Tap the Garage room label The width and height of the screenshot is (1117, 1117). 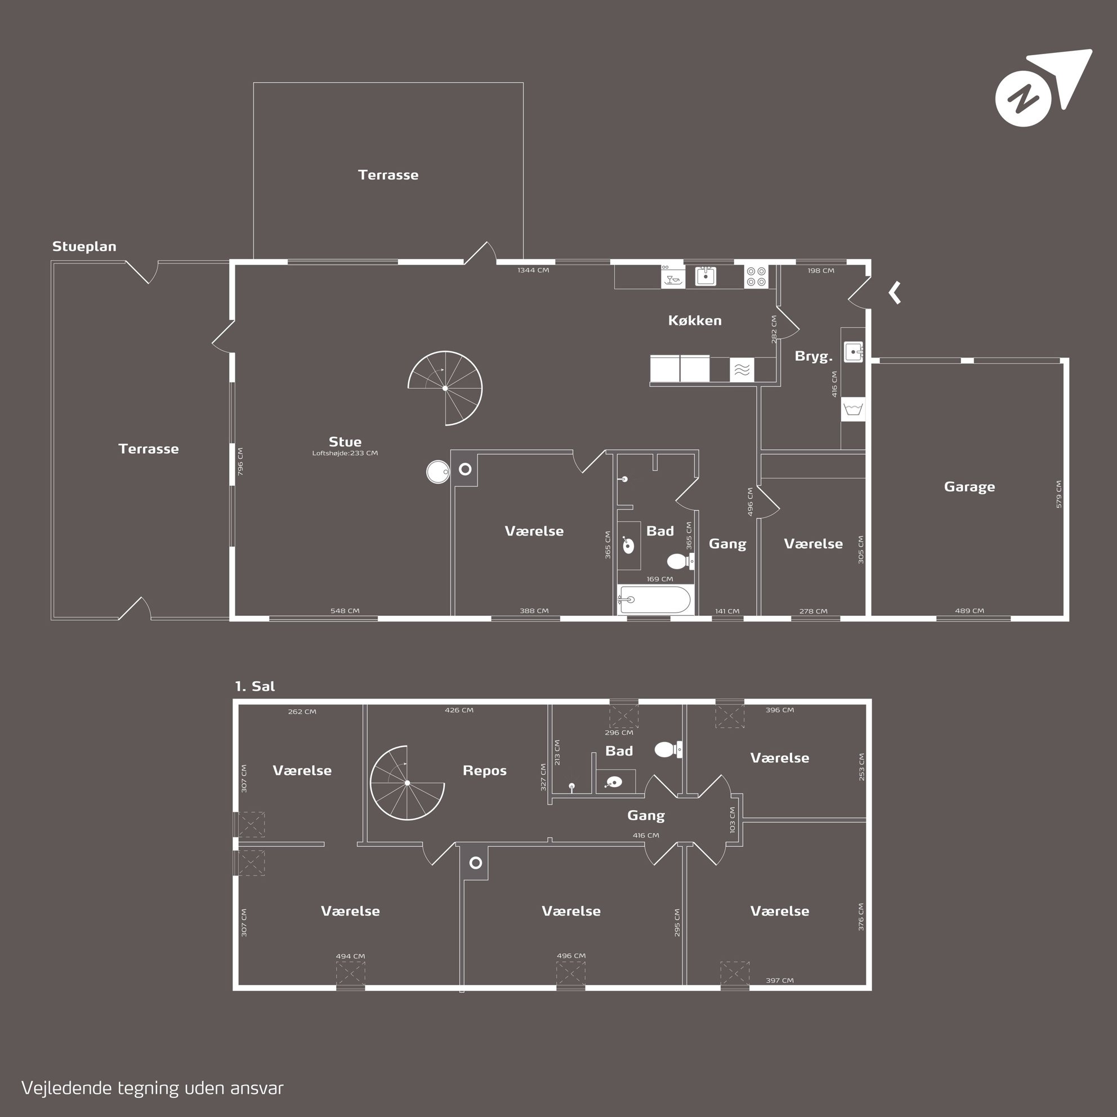click(969, 487)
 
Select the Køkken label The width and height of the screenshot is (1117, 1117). click(695, 320)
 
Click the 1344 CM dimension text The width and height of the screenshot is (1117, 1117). click(533, 270)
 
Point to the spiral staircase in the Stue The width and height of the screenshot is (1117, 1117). click(445, 388)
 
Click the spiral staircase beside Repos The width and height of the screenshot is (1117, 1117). click(407, 783)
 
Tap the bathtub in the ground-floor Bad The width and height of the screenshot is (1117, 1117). click(655, 600)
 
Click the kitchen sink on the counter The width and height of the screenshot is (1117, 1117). click(705, 276)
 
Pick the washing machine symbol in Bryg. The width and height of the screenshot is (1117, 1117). click(854, 409)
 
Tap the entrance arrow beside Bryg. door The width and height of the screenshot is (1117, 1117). click(895, 293)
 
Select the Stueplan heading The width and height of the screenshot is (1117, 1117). click(84, 246)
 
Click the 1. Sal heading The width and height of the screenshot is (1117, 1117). click(255, 686)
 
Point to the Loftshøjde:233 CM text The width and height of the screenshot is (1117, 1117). click(345, 453)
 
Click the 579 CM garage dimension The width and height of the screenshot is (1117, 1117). click(1058, 494)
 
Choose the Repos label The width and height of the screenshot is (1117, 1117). click(485, 771)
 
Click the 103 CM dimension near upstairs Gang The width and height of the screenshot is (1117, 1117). click(732, 820)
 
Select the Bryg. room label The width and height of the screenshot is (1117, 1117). click(814, 356)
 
